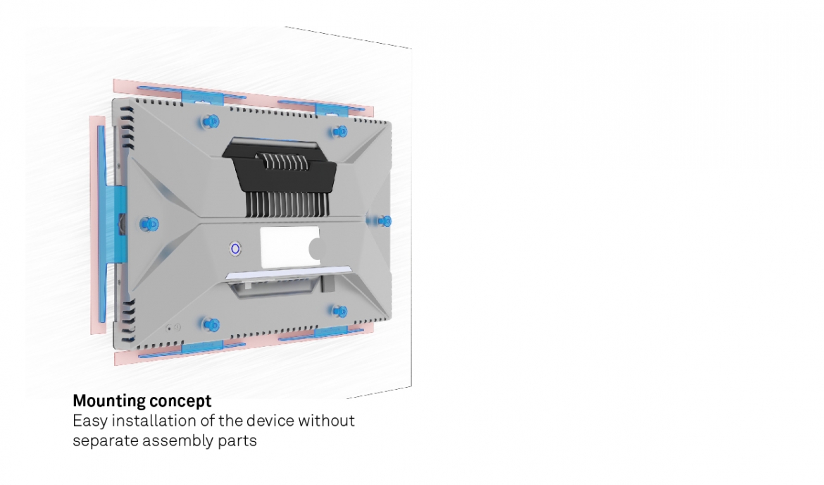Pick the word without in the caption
pyautogui.click(x=326, y=421)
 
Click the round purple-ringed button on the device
pyautogui.click(x=235, y=249)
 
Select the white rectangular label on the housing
pyautogui.click(x=290, y=247)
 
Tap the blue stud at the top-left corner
pyautogui.click(x=211, y=121)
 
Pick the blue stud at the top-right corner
pyautogui.click(x=340, y=131)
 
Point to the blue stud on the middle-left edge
pyautogui.click(x=149, y=224)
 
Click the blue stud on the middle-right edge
pyautogui.click(x=384, y=221)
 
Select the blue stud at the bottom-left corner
pyautogui.click(x=211, y=324)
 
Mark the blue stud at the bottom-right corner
pyautogui.click(x=341, y=312)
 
